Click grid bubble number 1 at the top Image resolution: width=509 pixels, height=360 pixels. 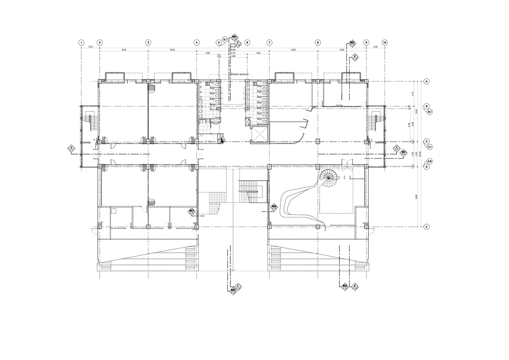pyautogui.click(x=82, y=42)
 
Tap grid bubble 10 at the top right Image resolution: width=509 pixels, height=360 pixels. pyautogui.click(x=385, y=42)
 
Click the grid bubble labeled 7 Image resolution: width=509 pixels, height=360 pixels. pyautogui.click(x=269, y=42)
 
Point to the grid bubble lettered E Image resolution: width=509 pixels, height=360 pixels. pyautogui.click(x=427, y=227)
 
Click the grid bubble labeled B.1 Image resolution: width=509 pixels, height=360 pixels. pyautogui.click(x=430, y=112)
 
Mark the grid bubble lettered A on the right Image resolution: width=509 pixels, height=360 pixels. pyautogui.click(x=427, y=81)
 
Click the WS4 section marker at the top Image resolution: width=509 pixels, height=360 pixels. pyautogui.click(x=234, y=37)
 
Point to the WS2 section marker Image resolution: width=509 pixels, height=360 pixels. pyautogui.click(x=352, y=44)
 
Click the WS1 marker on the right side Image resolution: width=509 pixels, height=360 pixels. pyautogui.click(x=404, y=153)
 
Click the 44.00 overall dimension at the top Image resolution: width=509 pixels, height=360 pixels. pyautogui.click(x=233, y=47)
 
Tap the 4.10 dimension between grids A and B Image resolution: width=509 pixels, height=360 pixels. pyautogui.click(x=416, y=94)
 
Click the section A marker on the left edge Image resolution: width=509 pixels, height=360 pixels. pyautogui.click(x=71, y=148)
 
